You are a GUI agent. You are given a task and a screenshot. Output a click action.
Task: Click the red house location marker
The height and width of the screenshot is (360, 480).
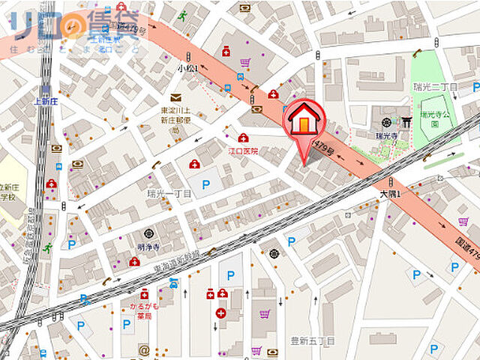point(303,120)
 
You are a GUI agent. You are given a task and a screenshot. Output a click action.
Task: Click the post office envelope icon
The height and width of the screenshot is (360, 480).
point(175,97)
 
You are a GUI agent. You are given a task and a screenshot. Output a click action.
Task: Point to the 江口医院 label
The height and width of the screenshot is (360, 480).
point(242,151)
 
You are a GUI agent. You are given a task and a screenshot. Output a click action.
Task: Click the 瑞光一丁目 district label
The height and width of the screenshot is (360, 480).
point(169,193)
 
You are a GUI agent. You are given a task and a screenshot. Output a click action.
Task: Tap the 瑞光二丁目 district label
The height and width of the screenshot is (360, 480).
point(434,86)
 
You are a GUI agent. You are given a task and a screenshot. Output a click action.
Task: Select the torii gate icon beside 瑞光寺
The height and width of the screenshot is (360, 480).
point(406,121)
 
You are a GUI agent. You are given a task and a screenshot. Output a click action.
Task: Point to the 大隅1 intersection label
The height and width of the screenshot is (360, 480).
point(388,193)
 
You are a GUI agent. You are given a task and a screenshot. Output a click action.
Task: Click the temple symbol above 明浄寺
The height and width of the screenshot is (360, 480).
point(148,233)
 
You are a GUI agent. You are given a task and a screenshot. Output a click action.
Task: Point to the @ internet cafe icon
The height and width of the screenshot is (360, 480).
point(143,349)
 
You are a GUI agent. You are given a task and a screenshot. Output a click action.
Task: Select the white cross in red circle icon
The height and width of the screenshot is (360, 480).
point(220,313)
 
